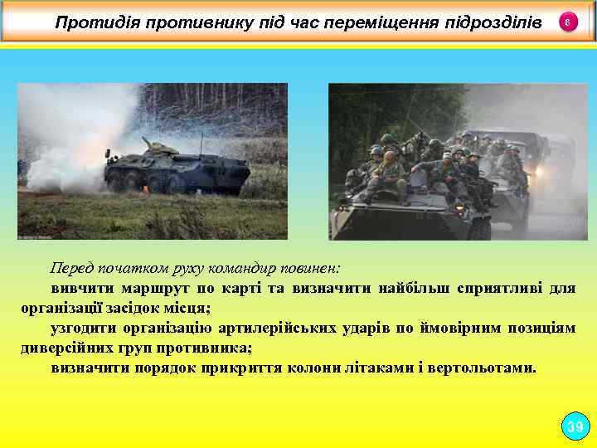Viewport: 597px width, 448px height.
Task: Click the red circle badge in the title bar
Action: pos(567,22)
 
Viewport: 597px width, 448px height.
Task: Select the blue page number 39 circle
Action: pos(574,427)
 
